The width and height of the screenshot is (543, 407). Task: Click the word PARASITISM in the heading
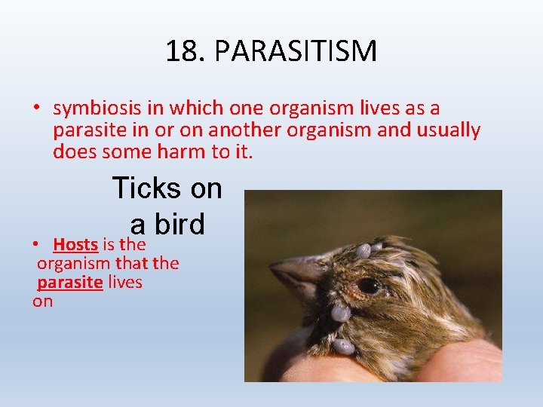[x=296, y=51]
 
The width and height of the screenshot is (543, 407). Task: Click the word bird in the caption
[x=179, y=224]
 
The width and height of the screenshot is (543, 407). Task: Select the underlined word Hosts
[x=75, y=244]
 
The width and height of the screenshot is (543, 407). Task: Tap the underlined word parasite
[x=69, y=282]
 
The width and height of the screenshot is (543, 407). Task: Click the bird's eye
[x=368, y=286]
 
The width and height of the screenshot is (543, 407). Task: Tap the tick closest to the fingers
[x=343, y=347]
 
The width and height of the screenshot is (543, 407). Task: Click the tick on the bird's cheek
[x=340, y=312]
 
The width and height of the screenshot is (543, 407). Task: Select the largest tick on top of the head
[x=363, y=251]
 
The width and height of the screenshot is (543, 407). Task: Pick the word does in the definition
[x=72, y=151]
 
